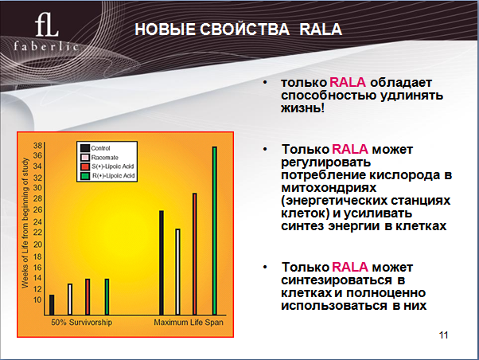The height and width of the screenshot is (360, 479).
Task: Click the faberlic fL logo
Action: [46, 32]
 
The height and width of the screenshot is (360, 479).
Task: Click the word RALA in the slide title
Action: [321, 29]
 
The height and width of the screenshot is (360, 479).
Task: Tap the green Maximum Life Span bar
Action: [215, 231]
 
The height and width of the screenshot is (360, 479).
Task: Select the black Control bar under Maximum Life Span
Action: [162, 262]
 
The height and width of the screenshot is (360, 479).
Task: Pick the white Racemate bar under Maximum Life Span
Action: [177, 272]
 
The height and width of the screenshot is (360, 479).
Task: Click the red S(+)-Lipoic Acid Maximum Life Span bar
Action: [195, 254]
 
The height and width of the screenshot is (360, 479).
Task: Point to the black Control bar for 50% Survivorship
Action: [52, 304]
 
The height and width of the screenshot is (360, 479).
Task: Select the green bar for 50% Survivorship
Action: [107, 297]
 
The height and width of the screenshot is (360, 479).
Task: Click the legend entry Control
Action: [95, 148]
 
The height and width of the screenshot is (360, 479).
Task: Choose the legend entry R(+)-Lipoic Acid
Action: [107, 176]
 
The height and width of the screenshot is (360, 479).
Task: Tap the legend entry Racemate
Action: [99, 158]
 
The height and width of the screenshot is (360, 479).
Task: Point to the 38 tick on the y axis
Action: [37, 146]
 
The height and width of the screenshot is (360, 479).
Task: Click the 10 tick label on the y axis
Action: [37, 299]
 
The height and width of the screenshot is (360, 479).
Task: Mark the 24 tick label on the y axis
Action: [37, 221]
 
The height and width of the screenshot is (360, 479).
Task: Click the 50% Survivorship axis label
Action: [82, 323]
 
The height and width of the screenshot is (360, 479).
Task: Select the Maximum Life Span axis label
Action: [189, 323]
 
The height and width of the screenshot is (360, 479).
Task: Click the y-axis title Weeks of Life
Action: [25, 223]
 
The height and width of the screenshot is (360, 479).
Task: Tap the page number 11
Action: [443, 335]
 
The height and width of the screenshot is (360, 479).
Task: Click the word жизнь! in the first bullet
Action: [302, 108]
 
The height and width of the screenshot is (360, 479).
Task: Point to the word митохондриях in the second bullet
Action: [329, 188]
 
